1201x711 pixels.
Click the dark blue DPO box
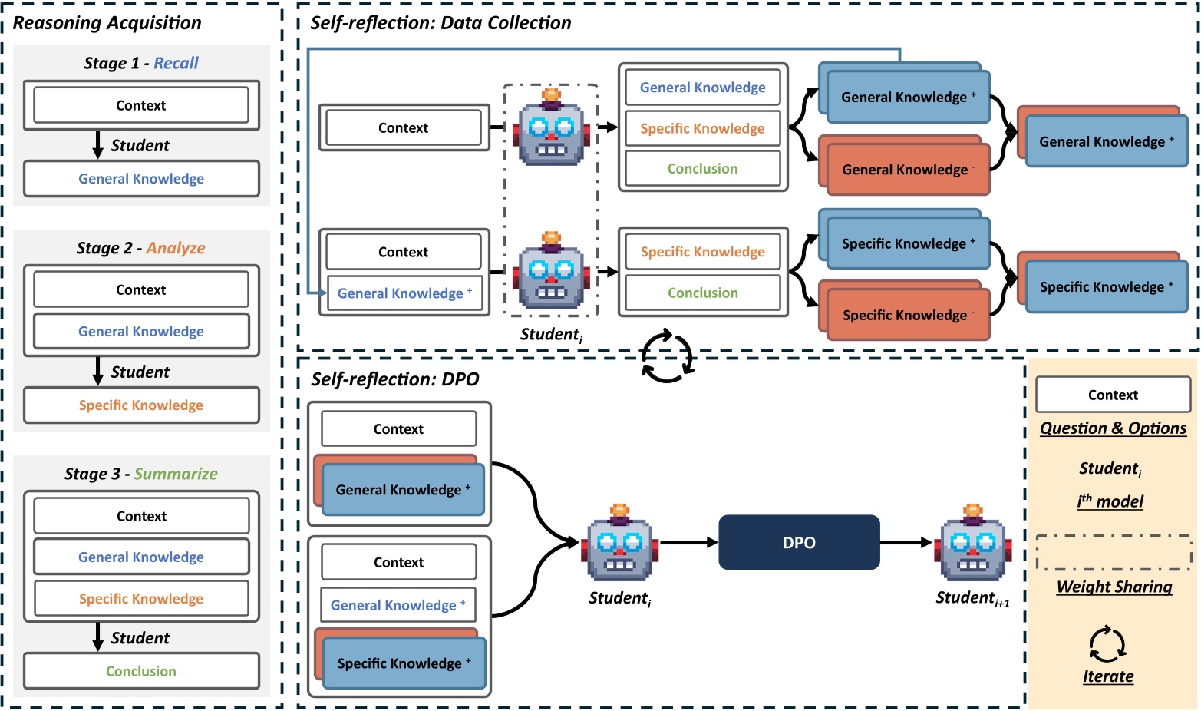click(x=799, y=542)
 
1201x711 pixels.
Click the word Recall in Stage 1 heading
click(x=176, y=63)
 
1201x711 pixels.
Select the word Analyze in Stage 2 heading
click(x=176, y=248)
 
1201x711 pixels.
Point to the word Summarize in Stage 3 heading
click(x=176, y=474)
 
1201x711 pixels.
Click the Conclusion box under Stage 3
click(x=141, y=671)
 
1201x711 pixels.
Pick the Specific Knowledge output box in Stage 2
click(x=141, y=405)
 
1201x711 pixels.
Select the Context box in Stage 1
click(x=141, y=105)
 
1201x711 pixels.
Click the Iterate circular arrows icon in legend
click(x=1107, y=643)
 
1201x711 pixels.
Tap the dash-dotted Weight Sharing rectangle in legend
click(x=1114, y=553)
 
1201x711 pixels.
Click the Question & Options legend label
click(x=1113, y=428)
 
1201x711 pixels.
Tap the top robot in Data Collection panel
click(x=551, y=130)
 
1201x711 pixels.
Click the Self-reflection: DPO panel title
click(x=394, y=379)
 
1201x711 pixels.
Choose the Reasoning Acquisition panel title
click(x=107, y=23)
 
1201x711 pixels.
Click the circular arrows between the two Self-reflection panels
click(x=667, y=356)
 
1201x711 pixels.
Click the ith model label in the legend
click(x=1110, y=501)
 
